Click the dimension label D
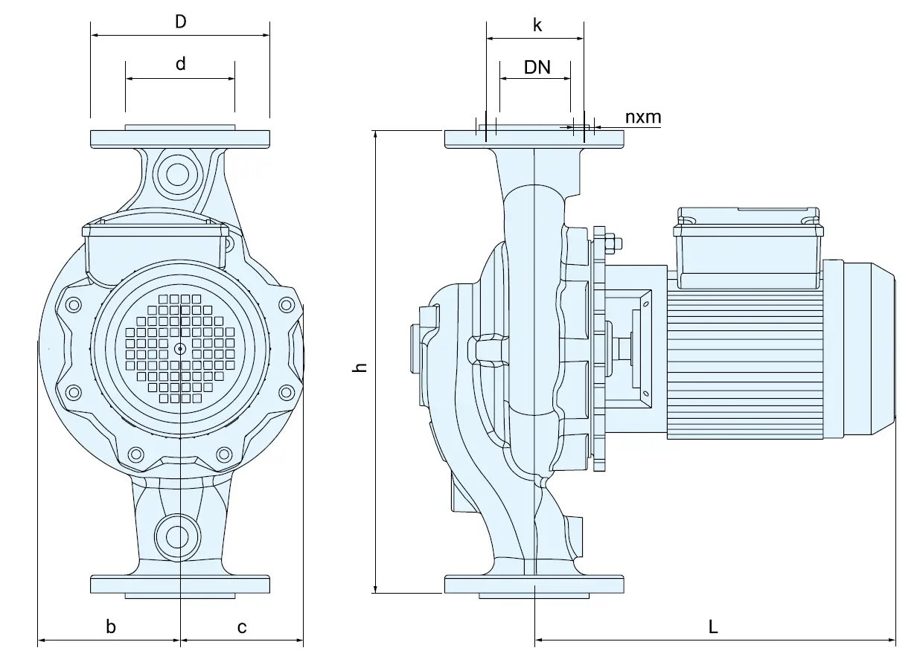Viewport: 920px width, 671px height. (180, 22)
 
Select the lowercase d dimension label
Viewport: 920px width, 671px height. (180, 64)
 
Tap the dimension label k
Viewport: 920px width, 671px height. (537, 25)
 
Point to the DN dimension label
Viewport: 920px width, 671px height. (537, 67)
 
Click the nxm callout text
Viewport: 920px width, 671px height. (642, 117)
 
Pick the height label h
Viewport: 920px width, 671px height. (361, 367)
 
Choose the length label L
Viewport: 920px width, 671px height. (713, 627)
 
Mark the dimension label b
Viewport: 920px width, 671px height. (111, 627)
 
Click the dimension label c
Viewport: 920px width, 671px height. (242, 627)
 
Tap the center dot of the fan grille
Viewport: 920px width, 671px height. (180, 348)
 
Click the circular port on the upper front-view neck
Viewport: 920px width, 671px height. (177, 174)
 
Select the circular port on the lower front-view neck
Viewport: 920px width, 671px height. (177, 536)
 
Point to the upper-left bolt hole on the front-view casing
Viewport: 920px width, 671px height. (74, 304)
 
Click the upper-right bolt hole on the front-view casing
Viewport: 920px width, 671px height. (287, 304)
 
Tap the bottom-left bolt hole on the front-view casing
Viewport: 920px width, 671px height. (135, 454)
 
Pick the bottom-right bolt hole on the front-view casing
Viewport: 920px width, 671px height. (224, 454)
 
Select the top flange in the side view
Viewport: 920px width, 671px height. (534, 138)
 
